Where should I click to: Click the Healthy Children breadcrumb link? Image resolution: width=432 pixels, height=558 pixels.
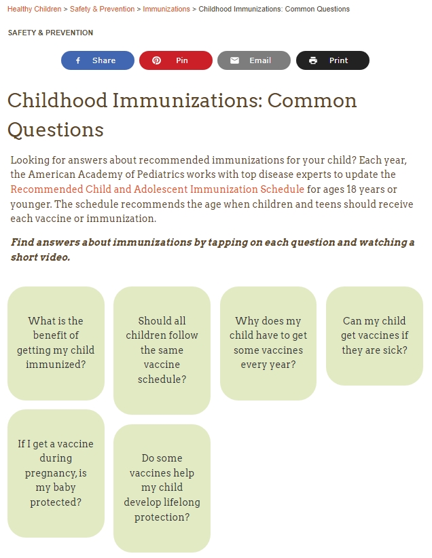34,10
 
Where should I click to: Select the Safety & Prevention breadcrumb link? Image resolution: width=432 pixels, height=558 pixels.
102,10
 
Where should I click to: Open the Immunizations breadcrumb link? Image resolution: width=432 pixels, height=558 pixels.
166,10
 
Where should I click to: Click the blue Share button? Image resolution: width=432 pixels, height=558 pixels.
98,60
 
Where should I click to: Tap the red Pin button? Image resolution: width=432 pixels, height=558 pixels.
176,60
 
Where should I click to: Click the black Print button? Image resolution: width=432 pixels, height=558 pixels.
333,60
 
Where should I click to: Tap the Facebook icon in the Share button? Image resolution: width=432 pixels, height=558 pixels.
78,60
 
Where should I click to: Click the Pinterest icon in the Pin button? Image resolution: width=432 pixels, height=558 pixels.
156,60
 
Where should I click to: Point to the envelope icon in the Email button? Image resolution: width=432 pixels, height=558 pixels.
234,60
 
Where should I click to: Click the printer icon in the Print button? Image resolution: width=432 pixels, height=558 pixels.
313,60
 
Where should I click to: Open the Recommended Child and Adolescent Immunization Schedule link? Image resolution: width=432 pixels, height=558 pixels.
157,189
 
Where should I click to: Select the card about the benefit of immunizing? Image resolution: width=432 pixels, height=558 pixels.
56,343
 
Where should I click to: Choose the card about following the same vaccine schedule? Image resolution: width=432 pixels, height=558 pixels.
162,350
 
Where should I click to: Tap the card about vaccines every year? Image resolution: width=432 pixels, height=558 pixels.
268,343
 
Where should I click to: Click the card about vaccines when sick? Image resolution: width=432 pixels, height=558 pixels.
374,336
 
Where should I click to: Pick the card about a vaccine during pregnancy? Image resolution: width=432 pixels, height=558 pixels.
56,473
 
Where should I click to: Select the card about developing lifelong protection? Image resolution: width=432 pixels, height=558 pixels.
162,488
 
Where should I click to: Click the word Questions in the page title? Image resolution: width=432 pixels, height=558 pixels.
56,130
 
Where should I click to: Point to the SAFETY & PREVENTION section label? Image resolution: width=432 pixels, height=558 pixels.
50,33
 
